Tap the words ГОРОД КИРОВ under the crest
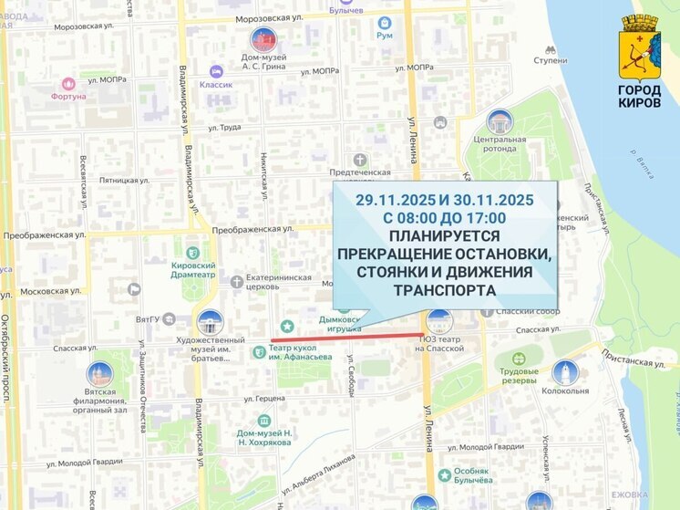pyautogui.click(x=639, y=97)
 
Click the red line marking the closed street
pyautogui.click(x=346, y=338)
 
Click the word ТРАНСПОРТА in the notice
pyautogui.click(x=444, y=291)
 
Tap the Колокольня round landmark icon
pyautogui.click(x=564, y=372)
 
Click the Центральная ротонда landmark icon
pyautogui.click(x=499, y=122)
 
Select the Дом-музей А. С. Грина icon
pyautogui.click(x=263, y=40)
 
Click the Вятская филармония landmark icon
pyautogui.click(x=99, y=374)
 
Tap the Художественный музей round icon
pyautogui.click(x=211, y=323)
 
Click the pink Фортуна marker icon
pyautogui.click(x=68, y=84)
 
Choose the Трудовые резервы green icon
pyautogui.click(x=519, y=359)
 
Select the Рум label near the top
pyautogui.click(x=385, y=36)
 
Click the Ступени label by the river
pyautogui.click(x=550, y=60)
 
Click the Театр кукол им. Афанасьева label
pyautogui.click(x=300, y=351)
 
